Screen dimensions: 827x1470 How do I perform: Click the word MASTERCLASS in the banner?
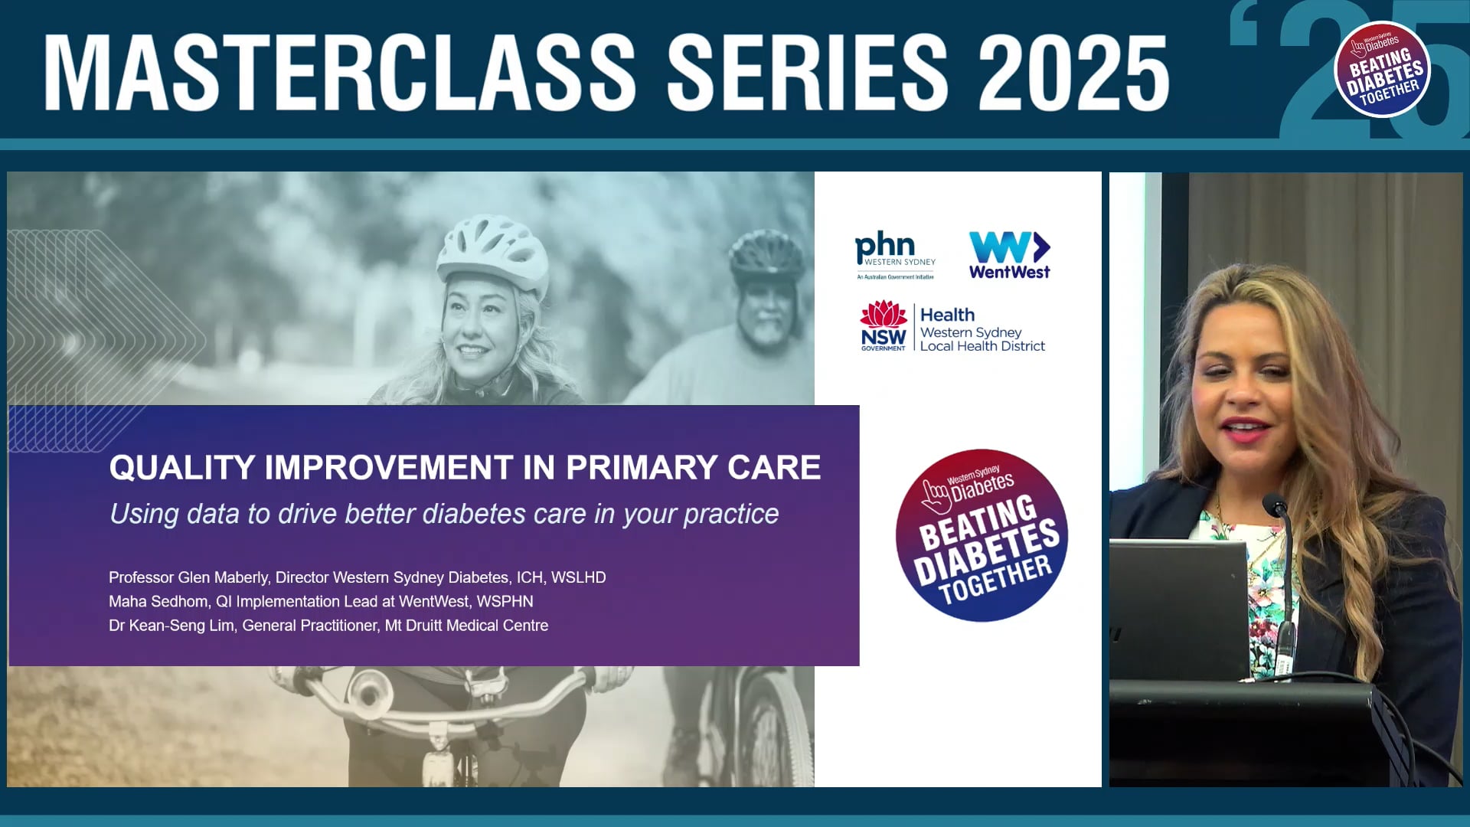(x=341, y=73)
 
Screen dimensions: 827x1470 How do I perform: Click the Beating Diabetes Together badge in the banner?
(x=1382, y=69)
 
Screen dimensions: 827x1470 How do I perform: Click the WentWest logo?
(x=1009, y=255)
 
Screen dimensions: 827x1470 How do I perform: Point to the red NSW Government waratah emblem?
(x=883, y=313)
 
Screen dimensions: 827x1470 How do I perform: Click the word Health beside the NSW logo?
(x=947, y=315)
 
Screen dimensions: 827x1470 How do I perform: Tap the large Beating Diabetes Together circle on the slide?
(x=982, y=535)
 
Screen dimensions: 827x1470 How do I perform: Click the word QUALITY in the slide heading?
(x=181, y=468)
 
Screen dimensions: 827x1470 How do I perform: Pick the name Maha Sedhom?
(x=158, y=602)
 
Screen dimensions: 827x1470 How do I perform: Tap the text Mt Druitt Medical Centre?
(x=466, y=626)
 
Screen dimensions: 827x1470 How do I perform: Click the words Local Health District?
(x=982, y=346)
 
